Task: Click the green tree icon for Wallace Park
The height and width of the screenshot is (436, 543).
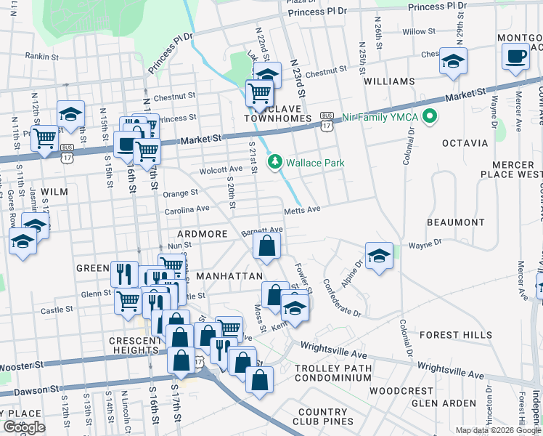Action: [x=275, y=163]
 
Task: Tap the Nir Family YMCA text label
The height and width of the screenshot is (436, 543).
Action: [x=378, y=116]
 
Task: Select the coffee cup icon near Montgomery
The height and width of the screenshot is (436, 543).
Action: [x=515, y=57]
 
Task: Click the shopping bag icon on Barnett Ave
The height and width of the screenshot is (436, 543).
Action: [x=266, y=247]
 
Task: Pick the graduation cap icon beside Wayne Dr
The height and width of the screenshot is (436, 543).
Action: [x=378, y=257]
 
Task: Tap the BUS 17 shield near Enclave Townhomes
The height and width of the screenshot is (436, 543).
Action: [x=327, y=121]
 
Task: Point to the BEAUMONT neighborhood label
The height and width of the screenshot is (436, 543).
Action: [x=455, y=222]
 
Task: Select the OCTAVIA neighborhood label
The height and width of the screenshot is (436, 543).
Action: [x=463, y=142]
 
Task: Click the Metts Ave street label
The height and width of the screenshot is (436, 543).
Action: [x=302, y=210]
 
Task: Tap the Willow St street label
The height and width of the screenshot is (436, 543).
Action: [x=418, y=32]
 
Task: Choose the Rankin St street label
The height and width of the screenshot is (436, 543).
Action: [x=41, y=55]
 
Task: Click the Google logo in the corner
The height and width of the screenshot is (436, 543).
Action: [x=24, y=427]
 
